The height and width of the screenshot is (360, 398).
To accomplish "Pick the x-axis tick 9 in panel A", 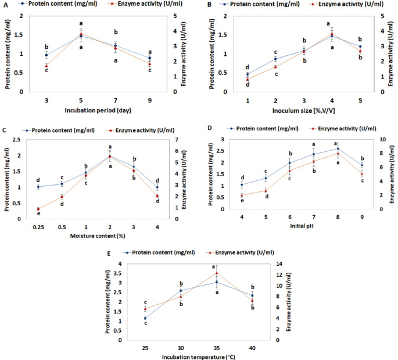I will (149, 100).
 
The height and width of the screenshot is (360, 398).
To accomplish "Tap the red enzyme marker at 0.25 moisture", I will (38, 209).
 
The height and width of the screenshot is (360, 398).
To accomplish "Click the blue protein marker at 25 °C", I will (145, 318).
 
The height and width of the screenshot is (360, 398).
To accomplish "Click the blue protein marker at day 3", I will (46, 55).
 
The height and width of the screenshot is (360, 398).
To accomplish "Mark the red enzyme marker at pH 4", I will (241, 195).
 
